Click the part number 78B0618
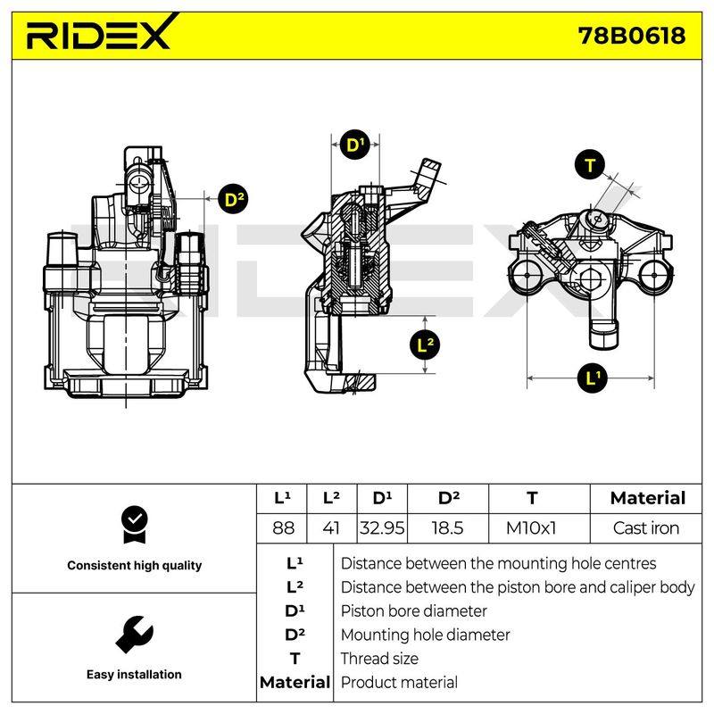tap(632, 35)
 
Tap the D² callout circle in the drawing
tap(233, 199)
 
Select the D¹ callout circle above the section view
tap(355, 145)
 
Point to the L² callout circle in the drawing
tap(426, 344)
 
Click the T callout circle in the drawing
tap(589, 164)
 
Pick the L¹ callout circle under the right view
tap(592, 378)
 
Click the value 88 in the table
tap(283, 528)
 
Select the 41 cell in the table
tap(331, 528)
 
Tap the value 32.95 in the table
tap(382, 528)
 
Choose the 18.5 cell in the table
tap(447, 528)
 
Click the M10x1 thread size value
tap(531, 528)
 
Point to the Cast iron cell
tap(645, 528)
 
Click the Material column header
tap(648, 498)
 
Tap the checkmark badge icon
tap(135, 525)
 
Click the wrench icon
tap(135, 635)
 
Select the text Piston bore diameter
tap(413, 610)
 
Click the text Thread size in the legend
tap(379, 659)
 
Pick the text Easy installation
tap(134, 675)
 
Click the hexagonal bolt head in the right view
tap(591, 277)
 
